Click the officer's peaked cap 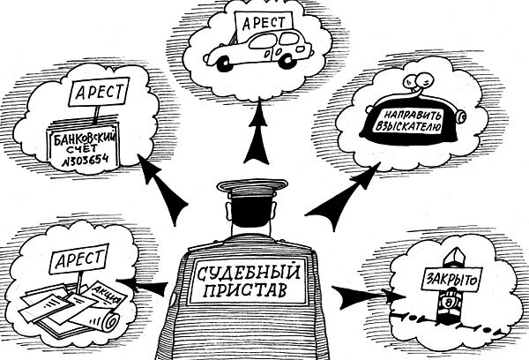249,189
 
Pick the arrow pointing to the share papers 145,284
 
